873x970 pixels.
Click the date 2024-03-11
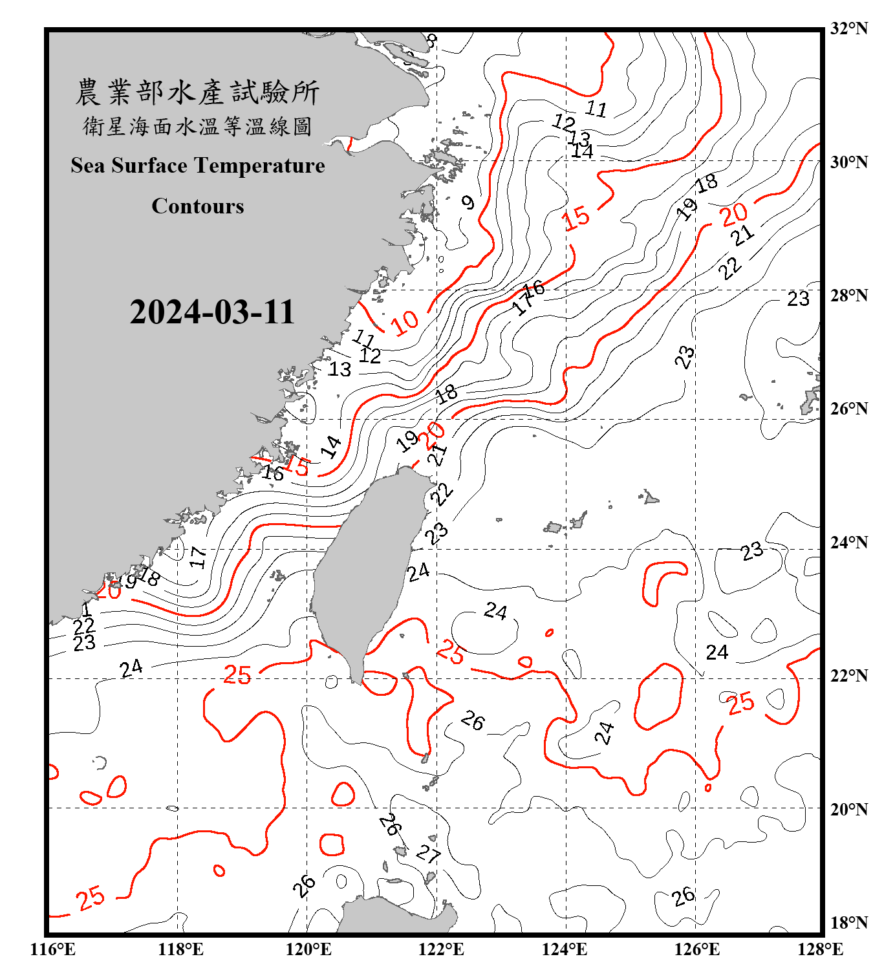211,312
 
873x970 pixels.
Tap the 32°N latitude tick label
848,28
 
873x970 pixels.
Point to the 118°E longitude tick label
180,949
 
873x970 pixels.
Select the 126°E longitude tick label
696,949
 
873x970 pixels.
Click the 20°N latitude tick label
848,809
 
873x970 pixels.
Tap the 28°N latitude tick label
848,296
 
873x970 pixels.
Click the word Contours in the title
198,206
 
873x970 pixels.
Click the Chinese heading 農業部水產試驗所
197,92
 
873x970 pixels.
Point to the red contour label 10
405,322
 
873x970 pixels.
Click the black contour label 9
468,202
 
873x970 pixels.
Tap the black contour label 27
427,854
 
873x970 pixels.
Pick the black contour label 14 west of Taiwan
332,447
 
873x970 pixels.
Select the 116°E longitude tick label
53,949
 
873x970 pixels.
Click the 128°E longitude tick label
820,949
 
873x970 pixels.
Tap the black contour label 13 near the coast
339,369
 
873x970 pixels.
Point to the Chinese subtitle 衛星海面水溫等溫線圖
197,127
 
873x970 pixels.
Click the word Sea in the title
88,166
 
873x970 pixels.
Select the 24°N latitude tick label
848,542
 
